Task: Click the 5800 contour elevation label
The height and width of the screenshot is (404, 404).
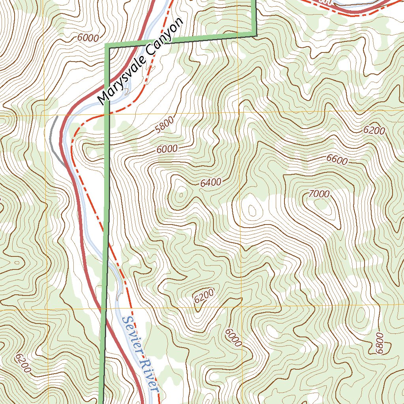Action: pyautogui.click(x=165, y=128)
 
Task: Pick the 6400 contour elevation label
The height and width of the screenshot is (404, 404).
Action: pyautogui.click(x=211, y=183)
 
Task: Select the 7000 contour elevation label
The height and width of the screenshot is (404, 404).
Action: pyautogui.click(x=319, y=194)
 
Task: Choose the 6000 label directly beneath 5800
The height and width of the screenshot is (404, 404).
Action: pyautogui.click(x=167, y=149)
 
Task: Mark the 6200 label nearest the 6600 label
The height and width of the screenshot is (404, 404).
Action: pyautogui.click(x=374, y=131)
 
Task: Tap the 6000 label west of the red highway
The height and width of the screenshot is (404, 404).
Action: pyautogui.click(x=88, y=38)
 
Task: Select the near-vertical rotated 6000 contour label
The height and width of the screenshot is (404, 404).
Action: pyautogui.click(x=233, y=338)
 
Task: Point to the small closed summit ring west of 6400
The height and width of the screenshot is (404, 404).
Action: pyautogui.click(x=181, y=195)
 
